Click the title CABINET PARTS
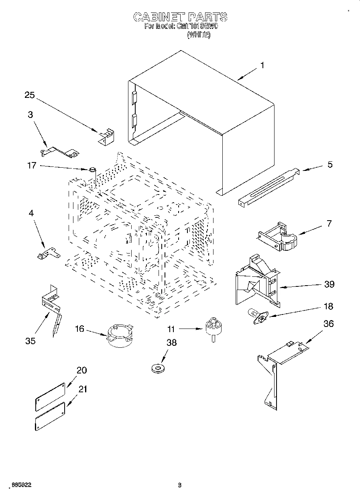tap(180, 17)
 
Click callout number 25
tap(30, 95)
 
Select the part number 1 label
tap(262, 65)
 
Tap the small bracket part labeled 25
tap(106, 136)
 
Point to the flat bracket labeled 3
tap(60, 151)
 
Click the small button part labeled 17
tap(93, 170)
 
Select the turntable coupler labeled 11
tap(213, 327)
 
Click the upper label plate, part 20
tap(50, 396)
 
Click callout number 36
tap(328, 324)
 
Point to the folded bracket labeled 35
tap(51, 305)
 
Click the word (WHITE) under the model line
tap(199, 35)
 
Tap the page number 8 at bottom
tap(180, 485)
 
